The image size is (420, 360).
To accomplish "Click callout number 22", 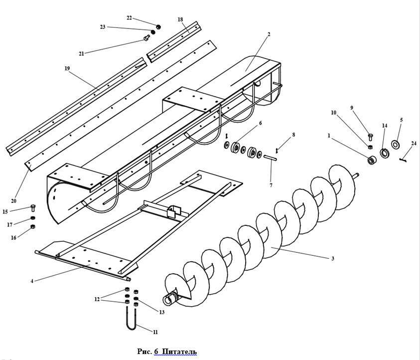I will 129,18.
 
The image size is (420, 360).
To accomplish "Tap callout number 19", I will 67,68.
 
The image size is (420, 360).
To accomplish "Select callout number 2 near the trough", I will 269,34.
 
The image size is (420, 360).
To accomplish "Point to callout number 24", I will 414,144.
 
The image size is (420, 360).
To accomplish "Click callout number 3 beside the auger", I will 333,258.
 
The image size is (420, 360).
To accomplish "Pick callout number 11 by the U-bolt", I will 155,332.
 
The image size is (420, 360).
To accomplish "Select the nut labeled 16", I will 33,227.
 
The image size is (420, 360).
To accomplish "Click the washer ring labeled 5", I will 396,145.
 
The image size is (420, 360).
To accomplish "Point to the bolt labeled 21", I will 146,37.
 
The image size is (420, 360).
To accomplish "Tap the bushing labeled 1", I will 372,161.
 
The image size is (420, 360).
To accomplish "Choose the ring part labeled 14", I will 385,153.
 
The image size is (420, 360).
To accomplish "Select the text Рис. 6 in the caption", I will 147,352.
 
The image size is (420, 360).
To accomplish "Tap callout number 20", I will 13,201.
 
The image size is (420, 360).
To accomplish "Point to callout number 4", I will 32,281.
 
